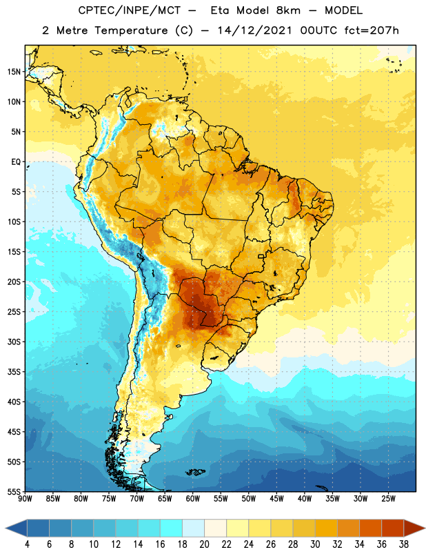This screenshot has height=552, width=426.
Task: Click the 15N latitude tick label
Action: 14,72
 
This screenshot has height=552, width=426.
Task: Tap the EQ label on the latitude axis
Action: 16,162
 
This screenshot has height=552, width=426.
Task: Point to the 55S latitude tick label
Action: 14,491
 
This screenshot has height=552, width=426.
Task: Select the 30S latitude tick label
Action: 14,342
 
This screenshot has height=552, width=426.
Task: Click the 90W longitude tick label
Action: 25,498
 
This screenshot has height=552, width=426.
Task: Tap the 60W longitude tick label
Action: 193,498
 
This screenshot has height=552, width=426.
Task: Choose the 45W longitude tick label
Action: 276,498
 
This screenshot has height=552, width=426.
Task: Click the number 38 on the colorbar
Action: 403,544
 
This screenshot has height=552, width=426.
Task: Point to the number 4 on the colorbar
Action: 27,544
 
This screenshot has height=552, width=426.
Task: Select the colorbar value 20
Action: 204,544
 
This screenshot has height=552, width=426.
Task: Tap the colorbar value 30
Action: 315,544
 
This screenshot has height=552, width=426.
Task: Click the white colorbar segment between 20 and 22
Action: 215,528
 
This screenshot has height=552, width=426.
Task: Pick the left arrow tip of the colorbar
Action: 6,528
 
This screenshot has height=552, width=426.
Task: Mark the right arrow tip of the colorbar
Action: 425,528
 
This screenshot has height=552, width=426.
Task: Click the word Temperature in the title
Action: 131,30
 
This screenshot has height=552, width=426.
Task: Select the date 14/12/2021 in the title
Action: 254,30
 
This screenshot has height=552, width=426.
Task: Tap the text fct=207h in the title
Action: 372,30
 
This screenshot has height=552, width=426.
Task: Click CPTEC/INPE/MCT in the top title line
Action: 129,10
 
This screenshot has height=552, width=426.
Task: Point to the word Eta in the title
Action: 220,10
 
